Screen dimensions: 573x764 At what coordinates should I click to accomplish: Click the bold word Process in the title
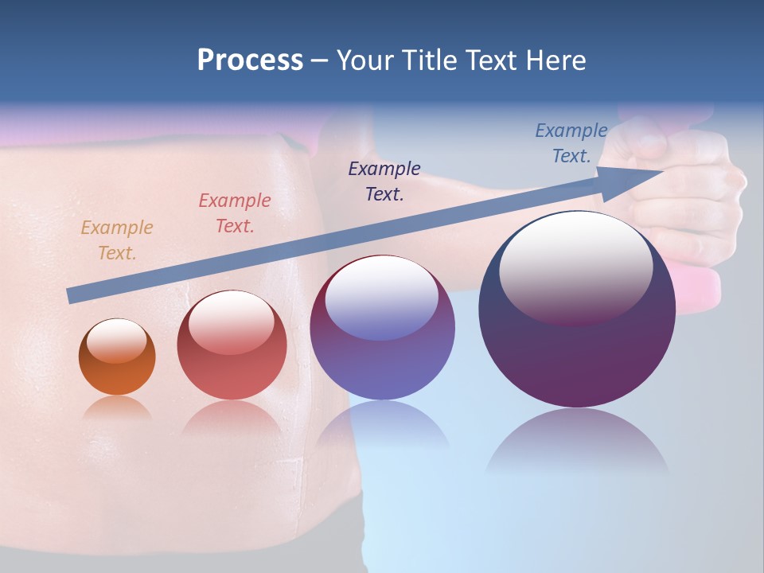[x=250, y=60]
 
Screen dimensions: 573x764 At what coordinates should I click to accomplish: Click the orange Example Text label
[x=117, y=240]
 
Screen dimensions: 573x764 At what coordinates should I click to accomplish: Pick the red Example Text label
[x=235, y=213]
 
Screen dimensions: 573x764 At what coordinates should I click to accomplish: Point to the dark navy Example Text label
[x=384, y=181]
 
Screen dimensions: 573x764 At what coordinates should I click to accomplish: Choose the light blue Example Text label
[x=571, y=143]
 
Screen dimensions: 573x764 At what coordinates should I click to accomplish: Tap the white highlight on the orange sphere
[x=117, y=341]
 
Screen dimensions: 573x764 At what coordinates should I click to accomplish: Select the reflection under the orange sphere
[x=117, y=407]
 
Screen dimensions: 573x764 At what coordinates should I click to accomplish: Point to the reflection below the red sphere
[x=232, y=418]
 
